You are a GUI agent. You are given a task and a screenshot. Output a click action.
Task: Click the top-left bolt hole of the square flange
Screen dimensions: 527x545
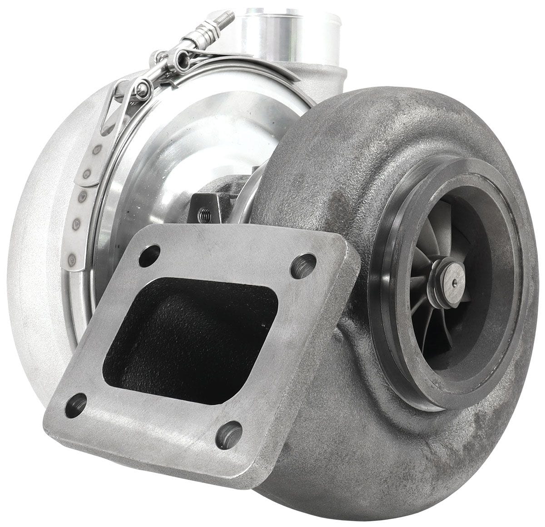pos(149,256)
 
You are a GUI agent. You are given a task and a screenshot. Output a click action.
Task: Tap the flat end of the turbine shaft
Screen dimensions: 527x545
pos(454,278)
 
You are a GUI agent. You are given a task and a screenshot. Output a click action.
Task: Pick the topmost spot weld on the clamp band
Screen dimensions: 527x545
pos(97,150)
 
